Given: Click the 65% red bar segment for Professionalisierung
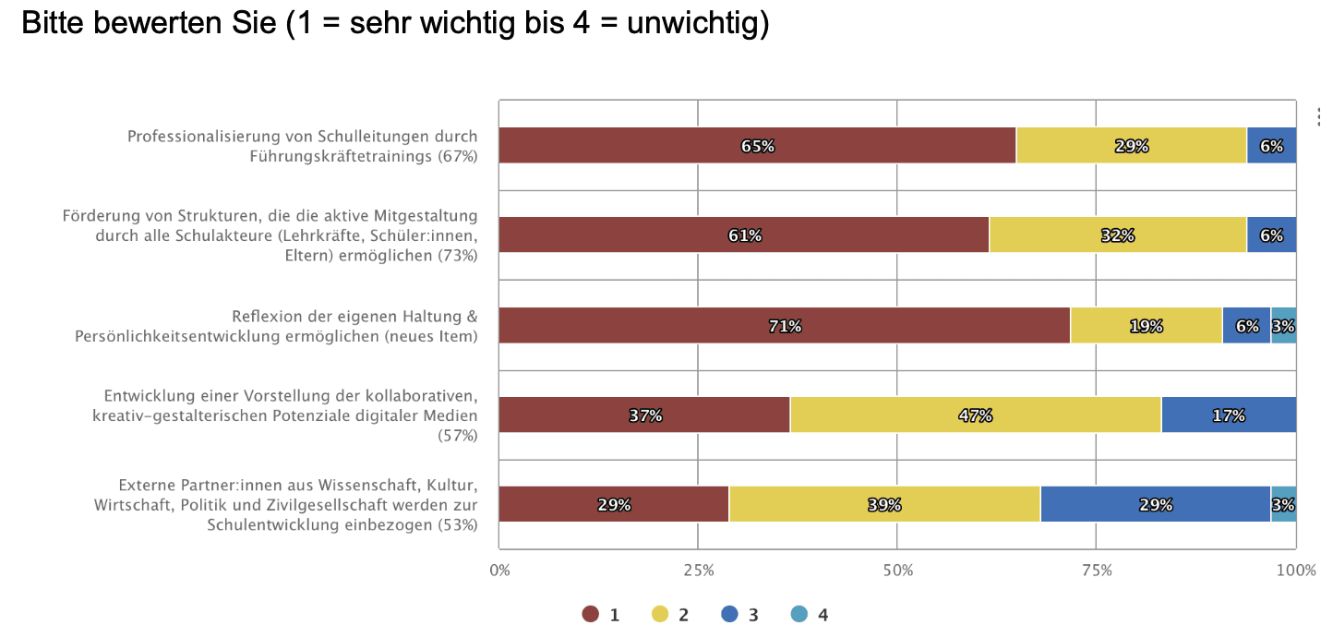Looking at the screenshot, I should [757, 146].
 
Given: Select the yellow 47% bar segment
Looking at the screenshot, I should [975, 415].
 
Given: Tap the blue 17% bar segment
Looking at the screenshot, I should [1228, 415].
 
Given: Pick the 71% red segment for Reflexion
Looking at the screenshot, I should [784, 326].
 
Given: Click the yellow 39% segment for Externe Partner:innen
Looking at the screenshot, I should [883, 505].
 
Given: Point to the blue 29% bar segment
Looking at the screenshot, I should [1155, 505].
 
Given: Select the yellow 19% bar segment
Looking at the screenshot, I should [1146, 326].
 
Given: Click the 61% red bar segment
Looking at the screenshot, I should [743, 235].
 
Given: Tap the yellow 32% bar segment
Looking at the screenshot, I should [1117, 235].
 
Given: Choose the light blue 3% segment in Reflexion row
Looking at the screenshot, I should [1283, 326].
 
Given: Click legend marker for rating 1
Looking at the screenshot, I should [591, 615].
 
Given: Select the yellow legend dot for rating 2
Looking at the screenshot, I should [660, 615].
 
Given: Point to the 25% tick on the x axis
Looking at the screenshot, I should [698, 571].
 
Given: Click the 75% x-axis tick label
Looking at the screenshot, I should [1096, 571].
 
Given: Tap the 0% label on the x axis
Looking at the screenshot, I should [499, 571].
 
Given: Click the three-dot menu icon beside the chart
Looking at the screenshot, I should [1321, 116].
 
